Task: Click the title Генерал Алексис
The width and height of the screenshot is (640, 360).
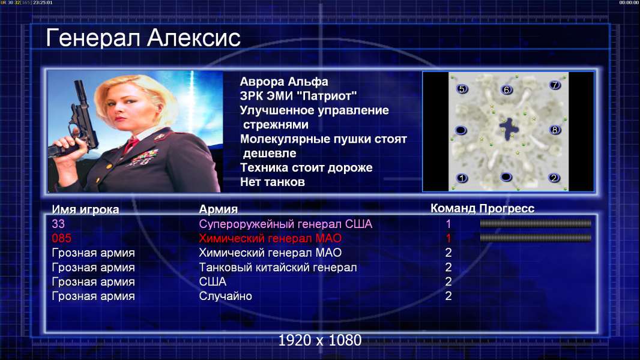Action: point(143,38)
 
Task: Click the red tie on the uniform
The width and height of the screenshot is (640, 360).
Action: point(131,144)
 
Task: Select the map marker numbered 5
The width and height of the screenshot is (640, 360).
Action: point(462,89)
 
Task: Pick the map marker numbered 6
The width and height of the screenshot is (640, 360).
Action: point(506,89)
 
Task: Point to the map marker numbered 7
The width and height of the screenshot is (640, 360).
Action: point(555,85)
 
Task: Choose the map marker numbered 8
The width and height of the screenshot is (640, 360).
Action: point(554,130)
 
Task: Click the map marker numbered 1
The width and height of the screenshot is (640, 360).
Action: point(462,178)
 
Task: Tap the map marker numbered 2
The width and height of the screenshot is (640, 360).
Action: point(554,178)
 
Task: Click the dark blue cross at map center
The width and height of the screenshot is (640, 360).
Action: point(509,128)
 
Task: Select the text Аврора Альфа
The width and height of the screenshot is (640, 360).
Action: point(283,82)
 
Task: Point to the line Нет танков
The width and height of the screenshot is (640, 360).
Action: point(272,182)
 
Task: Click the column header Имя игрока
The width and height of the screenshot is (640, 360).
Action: point(85,209)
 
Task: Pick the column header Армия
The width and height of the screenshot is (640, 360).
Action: point(218,209)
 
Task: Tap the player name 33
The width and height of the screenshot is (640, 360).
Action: point(58,224)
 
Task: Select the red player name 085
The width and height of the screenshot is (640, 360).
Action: point(61,238)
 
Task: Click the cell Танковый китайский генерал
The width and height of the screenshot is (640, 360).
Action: point(277,268)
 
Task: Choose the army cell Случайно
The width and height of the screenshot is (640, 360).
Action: point(225,296)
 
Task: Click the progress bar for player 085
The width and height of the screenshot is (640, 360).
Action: point(536,238)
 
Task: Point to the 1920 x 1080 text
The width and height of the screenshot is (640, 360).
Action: point(319,340)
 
